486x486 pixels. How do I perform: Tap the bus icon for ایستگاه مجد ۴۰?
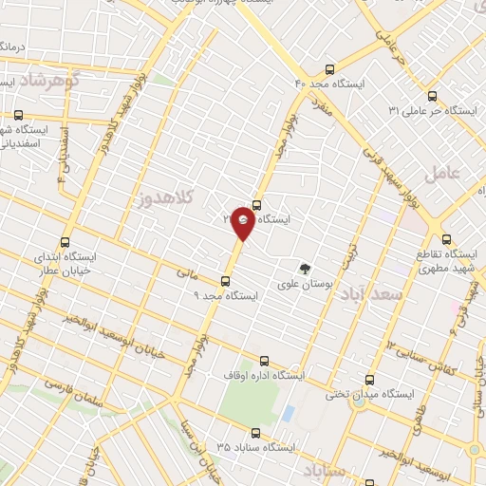[x=329, y=69]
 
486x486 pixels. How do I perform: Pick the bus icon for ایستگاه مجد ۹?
[x=225, y=280]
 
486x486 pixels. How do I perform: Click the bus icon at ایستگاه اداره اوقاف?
[x=264, y=361]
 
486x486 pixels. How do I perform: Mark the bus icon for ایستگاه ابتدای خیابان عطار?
[x=65, y=242]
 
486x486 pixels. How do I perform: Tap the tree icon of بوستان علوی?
[x=305, y=269]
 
